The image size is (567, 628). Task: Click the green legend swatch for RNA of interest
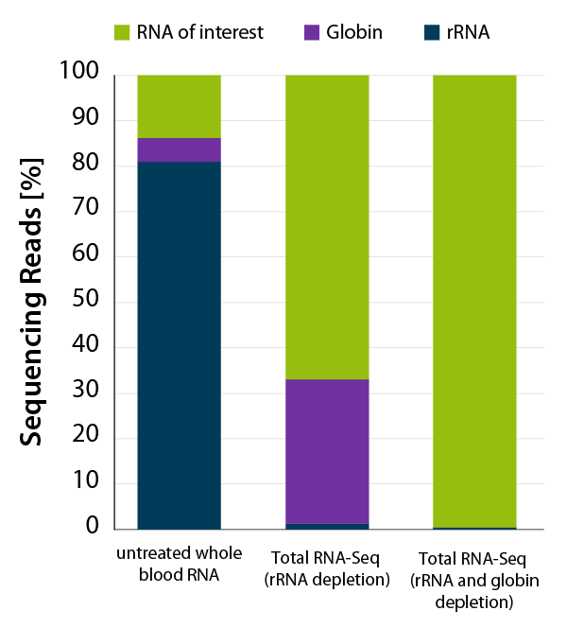point(122,33)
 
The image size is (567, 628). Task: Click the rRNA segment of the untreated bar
point(180,345)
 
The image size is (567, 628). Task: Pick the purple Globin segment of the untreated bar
point(180,149)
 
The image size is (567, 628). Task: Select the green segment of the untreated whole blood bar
point(180,106)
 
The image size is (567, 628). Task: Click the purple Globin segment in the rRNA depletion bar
point(327,451)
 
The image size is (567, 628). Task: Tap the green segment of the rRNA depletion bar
point(327,227)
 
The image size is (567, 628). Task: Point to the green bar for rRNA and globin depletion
point(474,301)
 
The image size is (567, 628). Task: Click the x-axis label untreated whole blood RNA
point(180,565)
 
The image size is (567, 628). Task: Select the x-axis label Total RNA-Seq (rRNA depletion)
point(327,565)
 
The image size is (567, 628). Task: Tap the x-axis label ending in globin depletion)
point(474,578)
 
